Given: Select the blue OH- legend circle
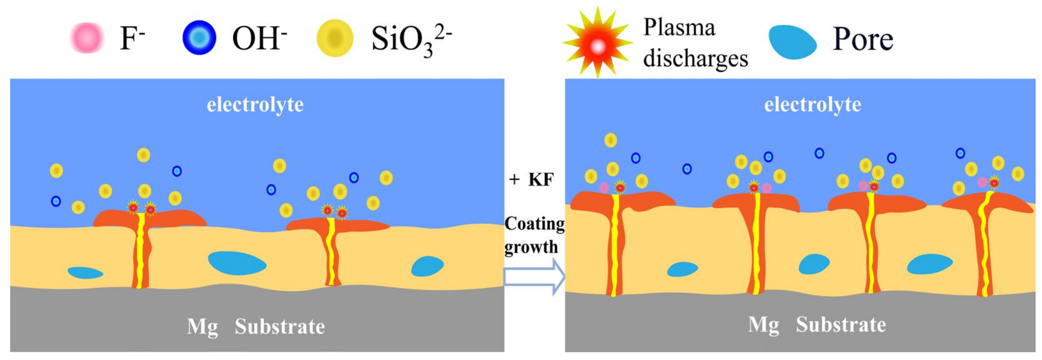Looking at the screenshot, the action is pyautogui.click(x=199, y=37).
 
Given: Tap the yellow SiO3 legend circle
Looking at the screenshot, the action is pyautogui.click(x=335, y=38).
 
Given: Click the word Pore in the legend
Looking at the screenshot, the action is pyautogui.click(x=863, y=39).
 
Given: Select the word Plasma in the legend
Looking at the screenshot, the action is pyautogui.click(x=680, y=27).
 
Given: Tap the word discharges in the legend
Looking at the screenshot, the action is pyautogui.click(x=696, y=58).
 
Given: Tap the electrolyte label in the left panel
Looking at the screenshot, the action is pyautogui.click(x=255, y=104).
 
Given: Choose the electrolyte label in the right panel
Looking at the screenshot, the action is pyautogui.click(x=813, y=104).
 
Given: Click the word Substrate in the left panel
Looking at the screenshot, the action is pyautogui.click(x=280, y=327).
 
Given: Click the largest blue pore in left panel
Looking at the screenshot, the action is pyautogui.click(x=237, y=263).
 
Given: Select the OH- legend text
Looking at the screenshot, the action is pyautogui.click(x=259, y=38).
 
